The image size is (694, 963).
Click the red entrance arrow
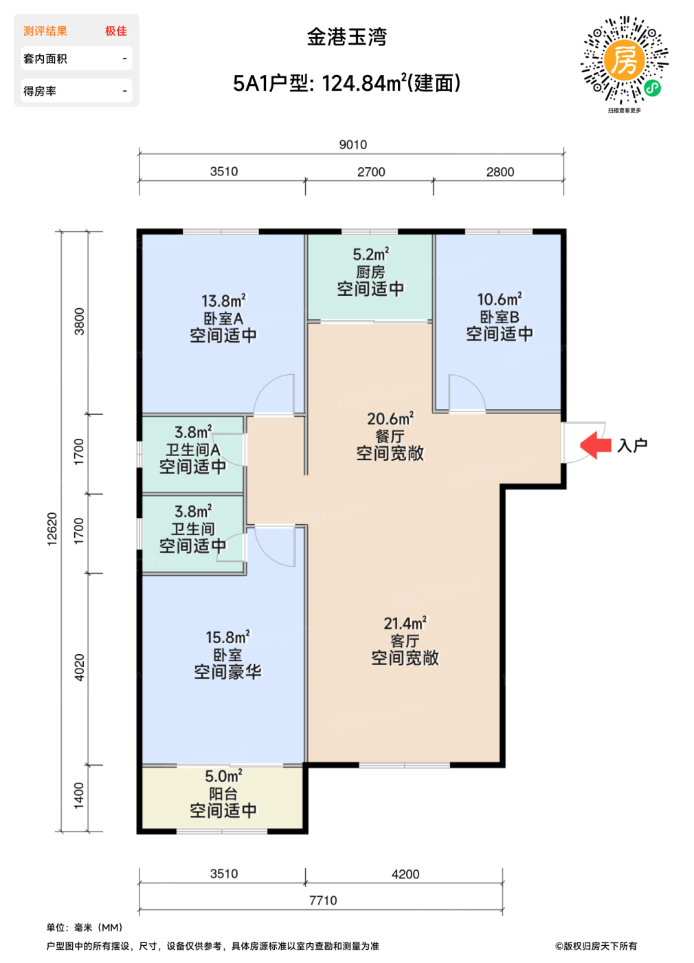coord(595,446)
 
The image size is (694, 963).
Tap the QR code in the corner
coord(624,60)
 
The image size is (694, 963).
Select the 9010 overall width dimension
coord(353,145)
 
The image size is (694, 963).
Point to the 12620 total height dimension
coord(52,530)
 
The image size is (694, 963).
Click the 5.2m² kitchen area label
coord(371,255)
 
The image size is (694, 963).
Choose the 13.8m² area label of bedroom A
coord(224,301)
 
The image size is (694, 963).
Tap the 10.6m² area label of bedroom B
coord(500,299)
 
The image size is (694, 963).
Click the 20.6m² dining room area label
coord(390,419)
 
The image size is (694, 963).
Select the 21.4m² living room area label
coord(405,623)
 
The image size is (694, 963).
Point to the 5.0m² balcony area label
coord(224,777)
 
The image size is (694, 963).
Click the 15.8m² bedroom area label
coord(228,637)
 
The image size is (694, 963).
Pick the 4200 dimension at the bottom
coord(405,874)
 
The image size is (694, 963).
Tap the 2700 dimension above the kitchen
coord(371,172)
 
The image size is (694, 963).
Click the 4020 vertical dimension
coord(80,668)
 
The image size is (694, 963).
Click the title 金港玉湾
coord(347,37)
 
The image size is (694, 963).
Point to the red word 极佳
coord(116,31)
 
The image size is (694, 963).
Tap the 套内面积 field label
coord(45,59)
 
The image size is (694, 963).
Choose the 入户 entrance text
coord(632,446)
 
